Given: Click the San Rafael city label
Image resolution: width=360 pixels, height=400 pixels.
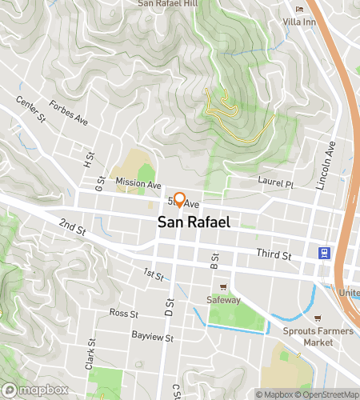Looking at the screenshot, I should [x=194, y=222].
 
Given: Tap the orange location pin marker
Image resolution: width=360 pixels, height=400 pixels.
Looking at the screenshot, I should [x=180, y=200].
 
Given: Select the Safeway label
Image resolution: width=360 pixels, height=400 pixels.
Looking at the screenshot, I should [x=224, y=300].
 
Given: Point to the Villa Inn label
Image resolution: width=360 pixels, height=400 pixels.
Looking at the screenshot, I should [x=301, y=22].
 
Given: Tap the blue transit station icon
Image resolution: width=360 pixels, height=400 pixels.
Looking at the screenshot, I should [x=325, y=254].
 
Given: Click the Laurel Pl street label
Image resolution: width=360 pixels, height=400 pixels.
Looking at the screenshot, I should [x=277, y=183].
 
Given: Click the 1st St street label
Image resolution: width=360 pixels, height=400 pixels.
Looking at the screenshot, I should [x=154, y=275].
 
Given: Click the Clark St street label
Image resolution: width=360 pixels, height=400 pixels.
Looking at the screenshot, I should [x=90, y=354].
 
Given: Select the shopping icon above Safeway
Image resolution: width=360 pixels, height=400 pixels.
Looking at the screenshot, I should [x=224, y=286].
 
